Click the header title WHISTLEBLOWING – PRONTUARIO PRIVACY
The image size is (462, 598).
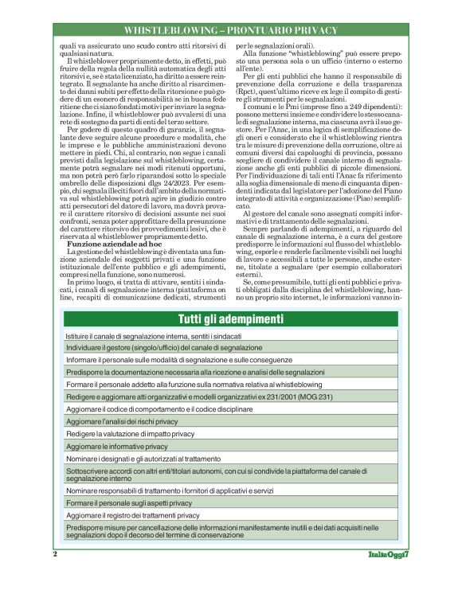230,29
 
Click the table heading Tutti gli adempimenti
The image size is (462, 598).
231,319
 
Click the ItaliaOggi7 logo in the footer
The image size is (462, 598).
388,554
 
